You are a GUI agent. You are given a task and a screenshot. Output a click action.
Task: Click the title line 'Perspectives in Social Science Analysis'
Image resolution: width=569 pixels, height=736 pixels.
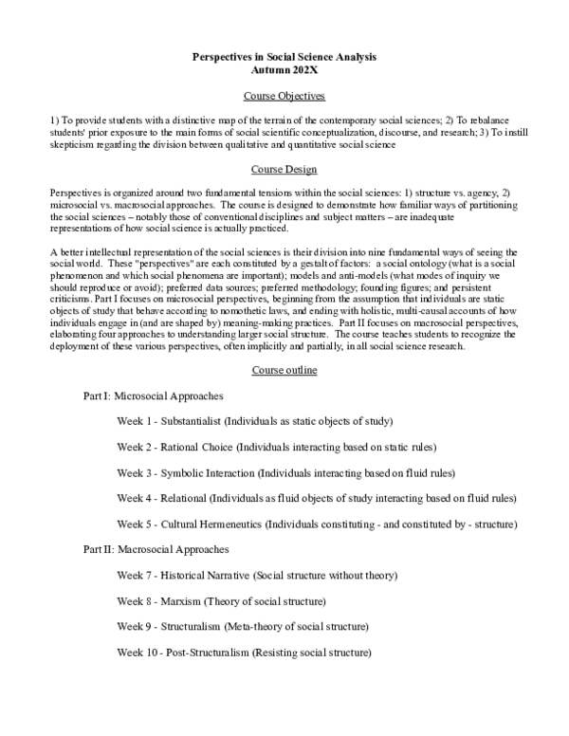(284, 57)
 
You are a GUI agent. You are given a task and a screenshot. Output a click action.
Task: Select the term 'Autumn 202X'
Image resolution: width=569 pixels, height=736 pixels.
(284, 70)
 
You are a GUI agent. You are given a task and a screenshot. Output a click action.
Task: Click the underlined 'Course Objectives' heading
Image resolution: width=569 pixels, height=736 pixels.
(284, 97)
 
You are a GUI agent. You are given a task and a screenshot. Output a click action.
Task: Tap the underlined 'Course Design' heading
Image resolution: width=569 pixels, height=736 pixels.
(284, 169)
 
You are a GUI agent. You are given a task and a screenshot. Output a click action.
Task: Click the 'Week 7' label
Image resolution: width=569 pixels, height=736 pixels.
(136, 576)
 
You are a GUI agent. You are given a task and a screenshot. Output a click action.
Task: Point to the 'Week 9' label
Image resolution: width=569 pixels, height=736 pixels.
(136, 627)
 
